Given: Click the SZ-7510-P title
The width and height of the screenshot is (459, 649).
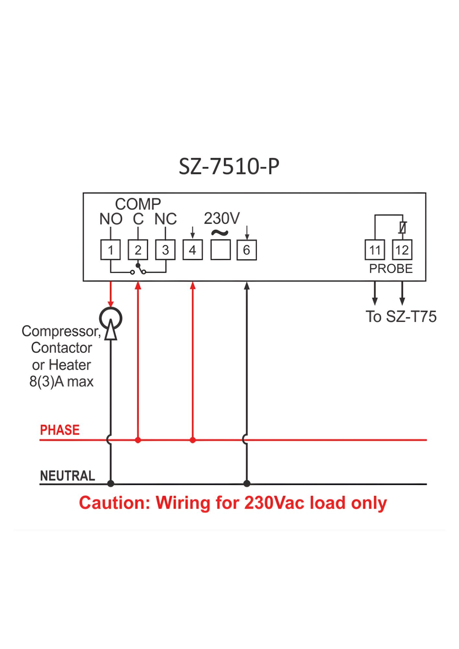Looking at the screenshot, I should pos(229,166).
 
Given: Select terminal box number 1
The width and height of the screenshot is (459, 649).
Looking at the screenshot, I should pos(110,250).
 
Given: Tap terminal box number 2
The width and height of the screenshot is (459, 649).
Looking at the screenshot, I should pos(138,250).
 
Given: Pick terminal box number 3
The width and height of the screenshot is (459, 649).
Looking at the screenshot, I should pos(165,250).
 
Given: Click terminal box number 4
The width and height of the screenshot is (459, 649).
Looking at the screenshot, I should pos(192,250).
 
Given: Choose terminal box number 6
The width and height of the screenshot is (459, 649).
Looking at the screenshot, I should pos(247,250).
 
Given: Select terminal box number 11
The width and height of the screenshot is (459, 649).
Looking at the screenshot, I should pos(375,250).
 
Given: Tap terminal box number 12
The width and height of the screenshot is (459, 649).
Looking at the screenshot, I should pos(402,250).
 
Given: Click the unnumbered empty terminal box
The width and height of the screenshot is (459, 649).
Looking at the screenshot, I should pos(220,250).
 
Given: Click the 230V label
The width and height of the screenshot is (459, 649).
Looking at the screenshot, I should pos(222,218).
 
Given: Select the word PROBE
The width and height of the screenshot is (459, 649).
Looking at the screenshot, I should pos(391,269).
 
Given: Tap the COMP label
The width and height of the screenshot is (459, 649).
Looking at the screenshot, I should pos(138,204).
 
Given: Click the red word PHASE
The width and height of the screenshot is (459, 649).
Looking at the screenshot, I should pos(60,430).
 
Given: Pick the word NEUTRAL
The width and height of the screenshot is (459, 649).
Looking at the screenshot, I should pos(68,476).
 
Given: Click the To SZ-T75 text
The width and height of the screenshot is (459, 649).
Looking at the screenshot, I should pos(401,317).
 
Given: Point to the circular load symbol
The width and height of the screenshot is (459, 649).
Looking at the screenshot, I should pos(111,318).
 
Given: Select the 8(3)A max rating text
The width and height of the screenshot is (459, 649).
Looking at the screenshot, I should pos(61,382).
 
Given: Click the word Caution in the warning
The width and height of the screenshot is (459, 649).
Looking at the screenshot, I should pos(114,503).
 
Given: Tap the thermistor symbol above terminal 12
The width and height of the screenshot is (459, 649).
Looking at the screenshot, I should pos(403,227).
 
